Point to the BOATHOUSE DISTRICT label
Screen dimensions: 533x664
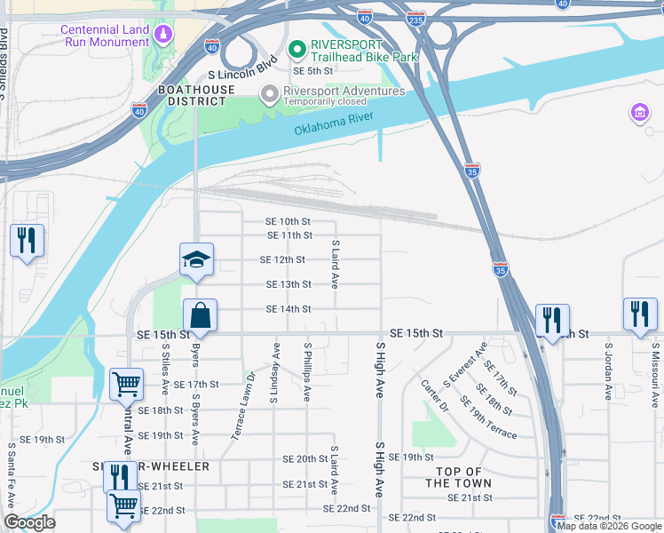(x=196, y=95)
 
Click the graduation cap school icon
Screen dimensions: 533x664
(x=197, y=259)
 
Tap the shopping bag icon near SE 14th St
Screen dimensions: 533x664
(x=201, y=315)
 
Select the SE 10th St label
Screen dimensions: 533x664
(x=289, y=221)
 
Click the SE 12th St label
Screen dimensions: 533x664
(x=282, y=260)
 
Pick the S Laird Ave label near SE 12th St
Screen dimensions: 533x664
(x=336, y=264)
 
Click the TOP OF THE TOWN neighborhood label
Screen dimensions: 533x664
(x=458, y=477)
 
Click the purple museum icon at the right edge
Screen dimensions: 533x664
(x=639, y=113)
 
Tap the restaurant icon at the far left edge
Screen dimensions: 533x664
(x=27, y=240)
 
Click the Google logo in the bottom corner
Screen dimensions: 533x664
(x=29, y=522)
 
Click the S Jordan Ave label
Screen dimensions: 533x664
(x=609, y=369)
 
